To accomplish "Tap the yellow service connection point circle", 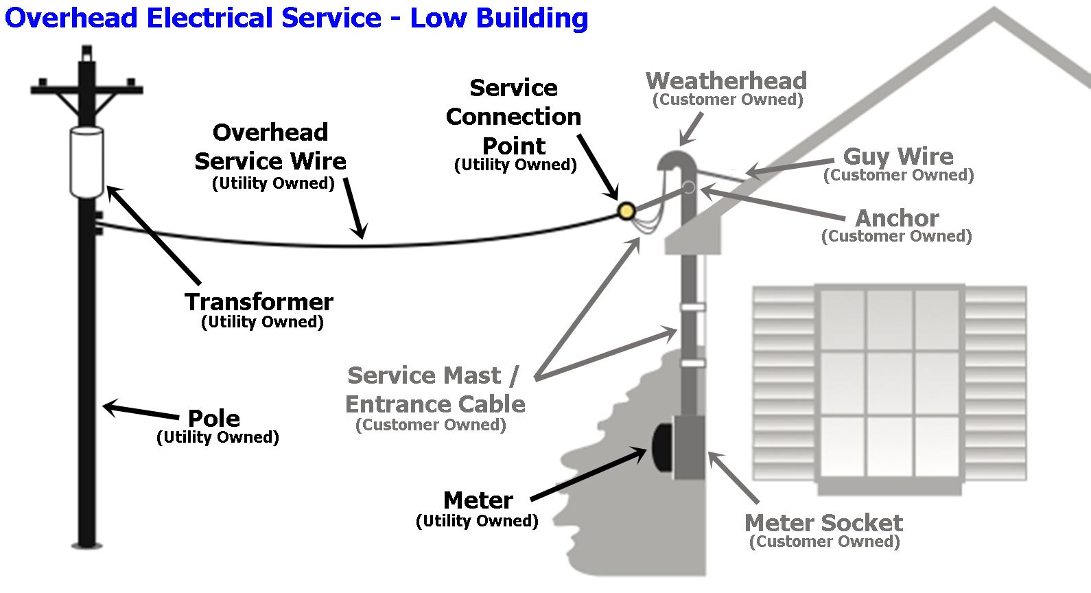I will pyautogui.click(x=626, y=211).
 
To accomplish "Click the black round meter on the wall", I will pyautogui.click(x=661, y=447).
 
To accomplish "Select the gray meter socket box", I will pyautogui.click(x=690, y=447).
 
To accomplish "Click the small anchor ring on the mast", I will pyautogui.click(x=690, y=187).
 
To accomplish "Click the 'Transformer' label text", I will pyautogui.click(x=259, y=302).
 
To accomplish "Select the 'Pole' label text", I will pyautogui.click(x=213, y=418).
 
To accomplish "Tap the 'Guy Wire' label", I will pyautogui.click(x=898, y=156).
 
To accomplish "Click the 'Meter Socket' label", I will pyautogui.click(x=823, y=523).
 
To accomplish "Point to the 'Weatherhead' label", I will pyautogui.click(x=726, y=81).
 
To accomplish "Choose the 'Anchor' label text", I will pyautogui.click(x=897, y=218).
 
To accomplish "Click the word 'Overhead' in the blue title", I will pyautogui.click(x=71, y=18).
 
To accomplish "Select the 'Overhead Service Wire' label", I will pyautogui.click(x=270, y=147).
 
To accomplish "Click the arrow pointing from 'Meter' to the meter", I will pyautogui.click(x=589, y=474).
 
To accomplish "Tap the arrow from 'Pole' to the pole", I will pyautogui.click(x=141, y=411).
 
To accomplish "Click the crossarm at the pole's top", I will pyautogui.click(x=86, y=90).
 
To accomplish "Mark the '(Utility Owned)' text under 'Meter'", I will pyautogui.click(x=477, y=521).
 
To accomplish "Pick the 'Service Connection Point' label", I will pyautogui.click(x=513, y=117).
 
